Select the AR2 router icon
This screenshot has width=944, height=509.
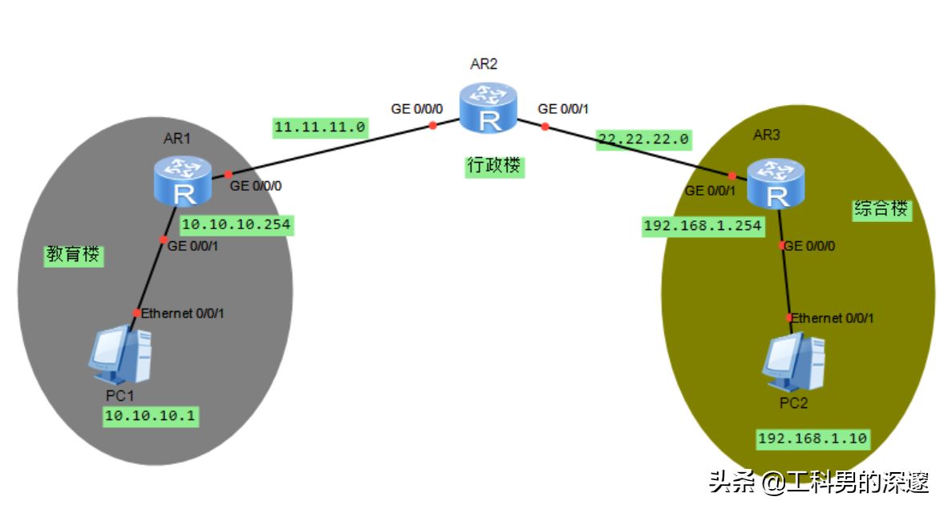(488, 109)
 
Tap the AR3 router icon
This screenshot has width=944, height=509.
(776, 184)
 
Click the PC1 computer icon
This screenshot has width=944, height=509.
(120, 354)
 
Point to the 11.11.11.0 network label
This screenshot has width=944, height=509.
(320, 127)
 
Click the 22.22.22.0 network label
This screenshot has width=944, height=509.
(642, 139)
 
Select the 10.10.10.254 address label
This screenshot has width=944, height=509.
(236, 225)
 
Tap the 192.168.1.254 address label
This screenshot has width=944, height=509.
(703, 226)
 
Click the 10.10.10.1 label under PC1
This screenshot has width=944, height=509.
(150, 416)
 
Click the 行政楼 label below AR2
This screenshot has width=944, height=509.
(494, 166)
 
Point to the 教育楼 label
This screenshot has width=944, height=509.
(75, 256)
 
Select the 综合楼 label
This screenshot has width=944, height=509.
(881, 210)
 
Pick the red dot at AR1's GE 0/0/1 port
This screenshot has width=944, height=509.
(164, 240)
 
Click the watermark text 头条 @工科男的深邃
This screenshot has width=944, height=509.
(818, 482)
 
